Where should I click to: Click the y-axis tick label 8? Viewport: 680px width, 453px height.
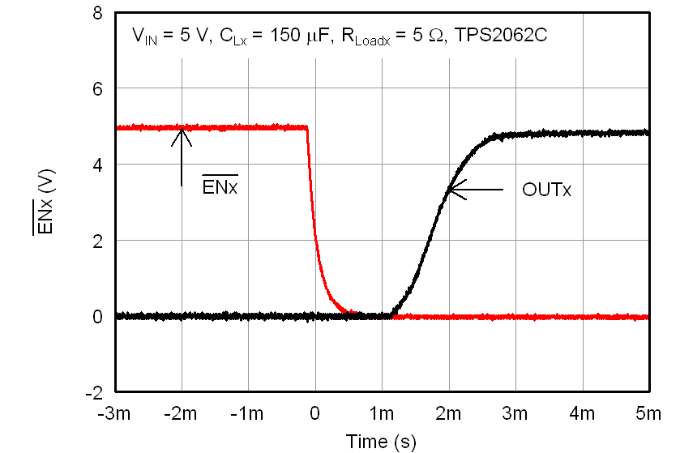(x=96, y=14)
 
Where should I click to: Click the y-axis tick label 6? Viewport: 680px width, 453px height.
(x=96, y=89)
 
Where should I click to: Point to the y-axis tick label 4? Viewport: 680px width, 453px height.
(x=96, y=165)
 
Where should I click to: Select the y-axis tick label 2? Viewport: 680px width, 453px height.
(x=96, y=241)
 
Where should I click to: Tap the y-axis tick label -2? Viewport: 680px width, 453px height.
(x=93, y=392)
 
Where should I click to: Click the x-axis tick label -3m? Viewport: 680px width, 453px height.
(x=115, y=414)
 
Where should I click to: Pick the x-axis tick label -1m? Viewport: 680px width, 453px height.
(x=248, y=414)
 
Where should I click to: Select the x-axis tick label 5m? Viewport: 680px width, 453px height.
(x=648, y=414)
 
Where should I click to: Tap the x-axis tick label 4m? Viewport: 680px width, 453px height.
(x=582, y=414)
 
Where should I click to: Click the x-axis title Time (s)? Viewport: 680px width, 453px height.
(x=381, y=442)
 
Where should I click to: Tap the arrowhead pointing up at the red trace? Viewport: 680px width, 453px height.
(x=182, y=135)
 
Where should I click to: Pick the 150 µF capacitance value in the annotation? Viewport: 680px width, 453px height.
(x=280, y=36)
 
